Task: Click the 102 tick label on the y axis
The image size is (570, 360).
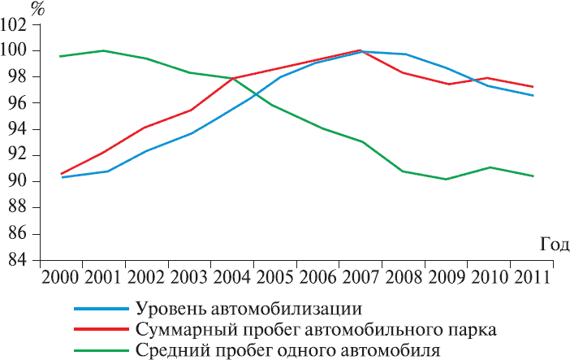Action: [14, 25]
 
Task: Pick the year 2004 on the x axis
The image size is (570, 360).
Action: [231, 276]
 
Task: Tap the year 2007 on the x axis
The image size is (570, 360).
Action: [360, 276]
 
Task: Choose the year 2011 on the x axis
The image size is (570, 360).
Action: [533, 276]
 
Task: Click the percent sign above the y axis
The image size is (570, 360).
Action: [38, 9]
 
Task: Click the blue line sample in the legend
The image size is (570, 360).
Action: [100, 310]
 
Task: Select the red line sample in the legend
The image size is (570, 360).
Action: [100, 330]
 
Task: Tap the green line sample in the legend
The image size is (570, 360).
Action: [100, 350]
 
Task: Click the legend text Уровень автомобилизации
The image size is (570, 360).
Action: [248, 310]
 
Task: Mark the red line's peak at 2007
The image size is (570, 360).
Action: [360, 50]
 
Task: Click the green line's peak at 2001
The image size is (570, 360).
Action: [103, 50]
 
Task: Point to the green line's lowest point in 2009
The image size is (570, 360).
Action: [446, 179]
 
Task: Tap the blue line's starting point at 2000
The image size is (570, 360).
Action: [62, 177]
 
